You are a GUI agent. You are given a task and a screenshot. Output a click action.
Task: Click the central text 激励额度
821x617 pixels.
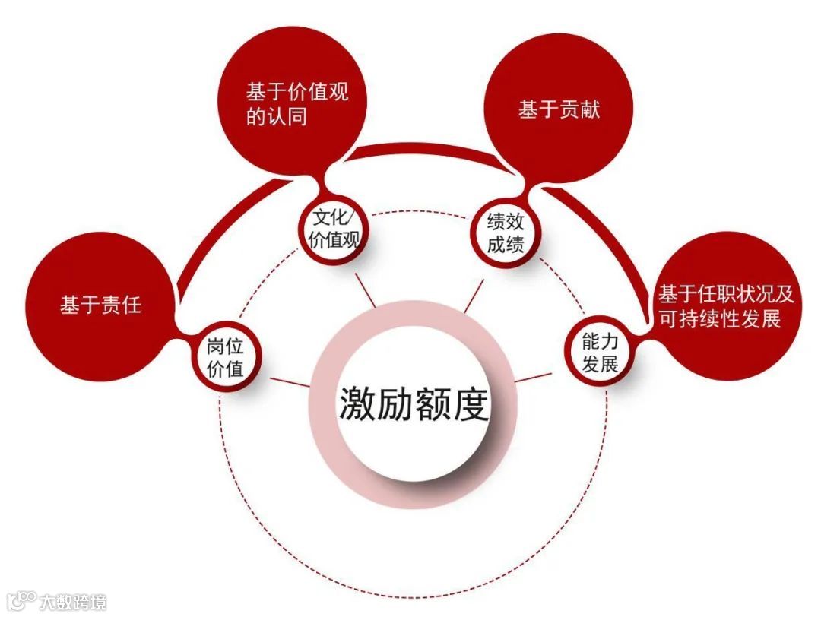click(x=413, y=403)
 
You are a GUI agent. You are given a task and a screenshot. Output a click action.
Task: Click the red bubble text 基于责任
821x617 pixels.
click(x=101, y=306)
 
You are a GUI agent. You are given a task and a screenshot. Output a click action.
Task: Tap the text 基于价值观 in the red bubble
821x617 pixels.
click(x=296, y=93)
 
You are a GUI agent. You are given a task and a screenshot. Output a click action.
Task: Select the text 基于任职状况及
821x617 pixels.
click(x=725, y=293)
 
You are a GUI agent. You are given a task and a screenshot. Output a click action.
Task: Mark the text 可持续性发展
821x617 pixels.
click(x=719, y=318)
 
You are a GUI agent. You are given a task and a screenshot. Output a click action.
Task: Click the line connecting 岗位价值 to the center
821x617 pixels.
click(x=289, y=380)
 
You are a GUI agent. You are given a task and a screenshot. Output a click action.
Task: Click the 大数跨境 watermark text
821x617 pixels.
click(x=74, y=603)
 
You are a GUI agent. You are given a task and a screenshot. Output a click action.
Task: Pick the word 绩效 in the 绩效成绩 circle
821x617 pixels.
click(x=506, y=221)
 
